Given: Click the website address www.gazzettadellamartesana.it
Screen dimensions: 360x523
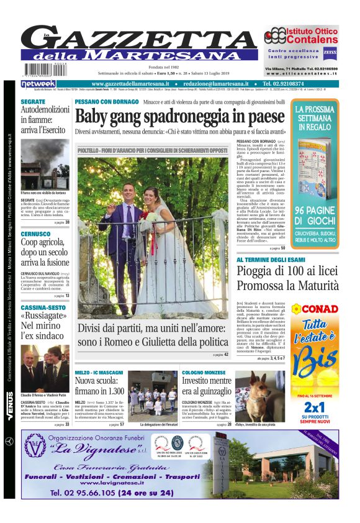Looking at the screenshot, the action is [134, 84].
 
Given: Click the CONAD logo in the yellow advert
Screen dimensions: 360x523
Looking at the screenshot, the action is [319, 309].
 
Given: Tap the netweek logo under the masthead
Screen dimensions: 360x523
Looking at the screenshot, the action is [38, 83].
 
